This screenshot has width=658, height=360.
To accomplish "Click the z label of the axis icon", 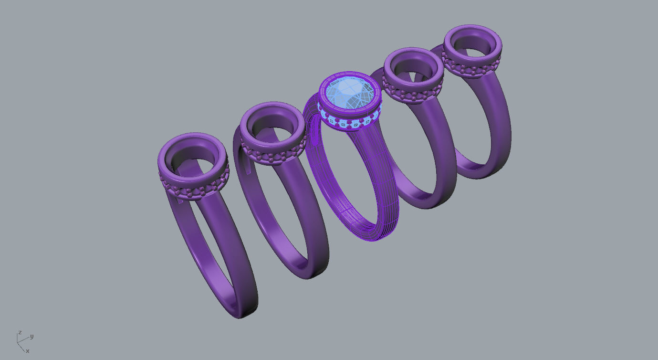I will point(20,332).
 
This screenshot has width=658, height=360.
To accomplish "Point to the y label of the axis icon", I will point(31,336).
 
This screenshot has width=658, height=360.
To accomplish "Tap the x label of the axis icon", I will point(27,351).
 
